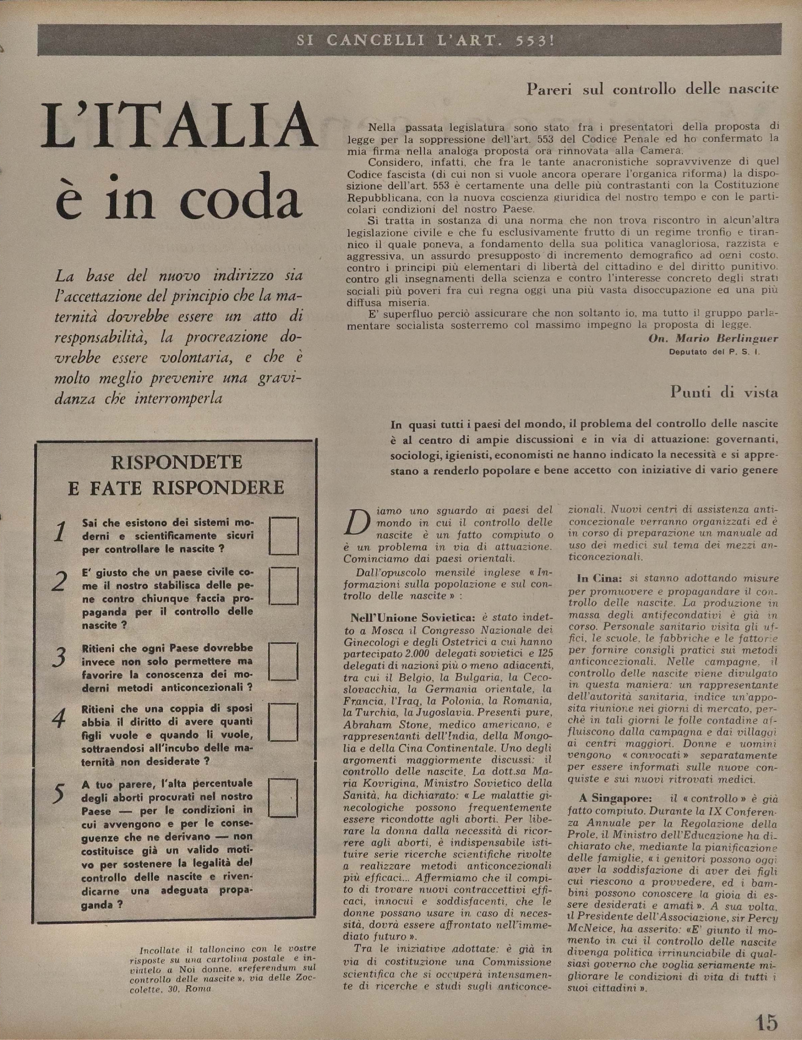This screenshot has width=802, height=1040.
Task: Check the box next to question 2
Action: [284, 586]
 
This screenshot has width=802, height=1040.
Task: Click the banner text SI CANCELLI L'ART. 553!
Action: [425, 40]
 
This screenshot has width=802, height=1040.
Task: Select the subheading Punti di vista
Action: [724, 392]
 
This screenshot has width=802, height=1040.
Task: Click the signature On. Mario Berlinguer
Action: [713, 339]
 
